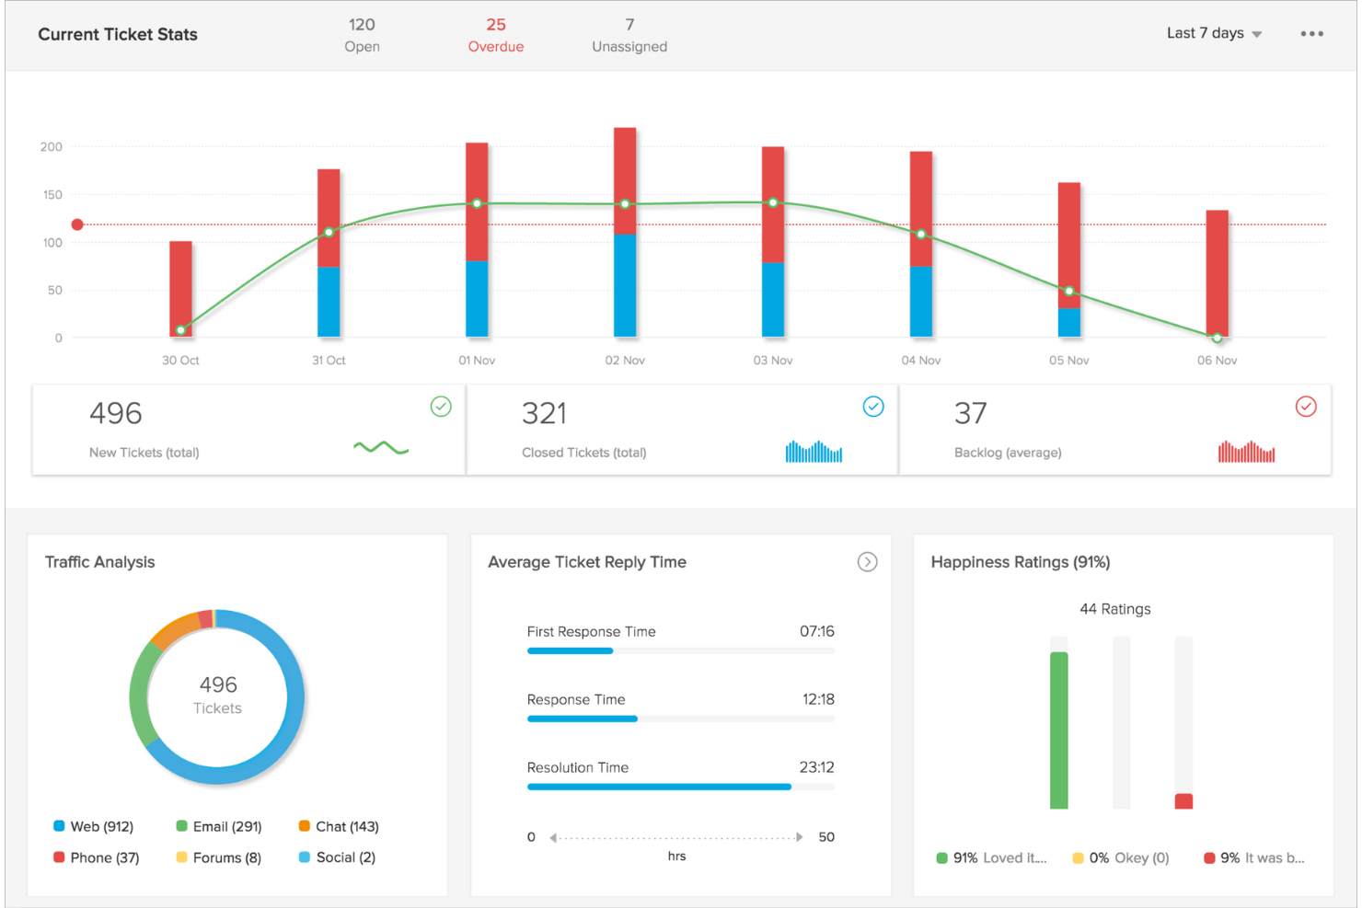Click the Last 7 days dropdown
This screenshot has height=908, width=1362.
[x=1213, y=33]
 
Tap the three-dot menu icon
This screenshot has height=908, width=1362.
[x=1311, y=34]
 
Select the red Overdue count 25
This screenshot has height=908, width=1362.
[x=496, y=25]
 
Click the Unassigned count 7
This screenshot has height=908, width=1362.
[x=629, y=25]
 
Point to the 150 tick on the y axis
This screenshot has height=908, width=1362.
[x=52, y=195]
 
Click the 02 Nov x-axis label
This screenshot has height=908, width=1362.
[x=625, y=361]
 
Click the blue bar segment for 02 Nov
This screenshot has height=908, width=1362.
[x=625, y=286]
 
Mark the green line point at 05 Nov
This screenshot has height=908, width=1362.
[x=1069, y=292]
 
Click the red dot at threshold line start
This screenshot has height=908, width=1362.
[x=77, y=224]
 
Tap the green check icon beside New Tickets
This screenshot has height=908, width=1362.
[x=441, y=407]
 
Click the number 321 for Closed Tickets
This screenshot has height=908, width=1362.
[x=544, y=414]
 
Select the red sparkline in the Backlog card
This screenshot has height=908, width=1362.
[x=1246, y=452]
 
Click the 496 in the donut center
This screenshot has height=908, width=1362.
[x=218, y=684]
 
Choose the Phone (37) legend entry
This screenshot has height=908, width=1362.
[x=97, y=857]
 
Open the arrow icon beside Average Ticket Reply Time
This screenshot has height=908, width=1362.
[x=867, y=562]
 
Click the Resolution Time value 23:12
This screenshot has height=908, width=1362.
[x=816, y=767]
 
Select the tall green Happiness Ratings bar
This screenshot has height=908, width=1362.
[x=1059, y=730]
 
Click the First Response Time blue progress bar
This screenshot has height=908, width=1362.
[x=570, y=651]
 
